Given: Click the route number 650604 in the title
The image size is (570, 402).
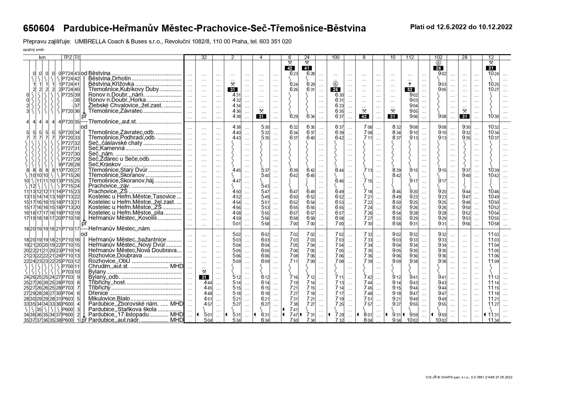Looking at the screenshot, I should pos(39,28).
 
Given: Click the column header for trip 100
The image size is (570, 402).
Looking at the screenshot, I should pos(335,57).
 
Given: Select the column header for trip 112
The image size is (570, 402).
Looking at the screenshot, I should pos(410,57).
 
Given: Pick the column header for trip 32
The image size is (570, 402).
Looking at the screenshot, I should pos(204,57).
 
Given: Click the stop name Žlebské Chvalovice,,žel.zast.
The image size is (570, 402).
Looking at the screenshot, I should pos(125,106).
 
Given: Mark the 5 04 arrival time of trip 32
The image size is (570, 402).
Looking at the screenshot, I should pos(208,320).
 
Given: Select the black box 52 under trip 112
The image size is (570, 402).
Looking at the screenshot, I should pos(410,90).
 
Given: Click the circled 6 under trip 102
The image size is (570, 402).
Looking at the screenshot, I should pos(439,63).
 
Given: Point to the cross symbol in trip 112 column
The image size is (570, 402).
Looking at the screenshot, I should pos(410,84).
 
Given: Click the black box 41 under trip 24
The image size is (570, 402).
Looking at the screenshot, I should pos(307,68).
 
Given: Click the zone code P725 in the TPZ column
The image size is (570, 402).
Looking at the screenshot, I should pos(67,95).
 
